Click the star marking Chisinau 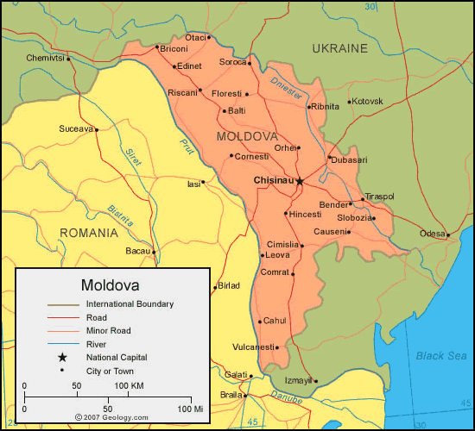click(300, 182)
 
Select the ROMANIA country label click(88, 233)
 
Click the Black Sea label click(440, 356)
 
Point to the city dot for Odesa click(448, 234)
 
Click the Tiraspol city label click(377, 197)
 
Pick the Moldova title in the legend click(111, 284)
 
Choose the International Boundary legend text click(130, 304)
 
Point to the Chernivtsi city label click(45, 58)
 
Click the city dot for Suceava click(97, 130)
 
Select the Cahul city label click(274, 321)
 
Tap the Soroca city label click(232, 62)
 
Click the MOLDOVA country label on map click(247, 137)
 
